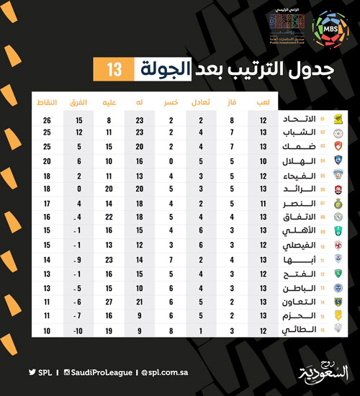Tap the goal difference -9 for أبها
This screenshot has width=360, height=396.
(80, 259)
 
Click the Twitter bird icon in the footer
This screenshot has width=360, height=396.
(32, 372)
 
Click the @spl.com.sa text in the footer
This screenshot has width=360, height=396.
(166, 372)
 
